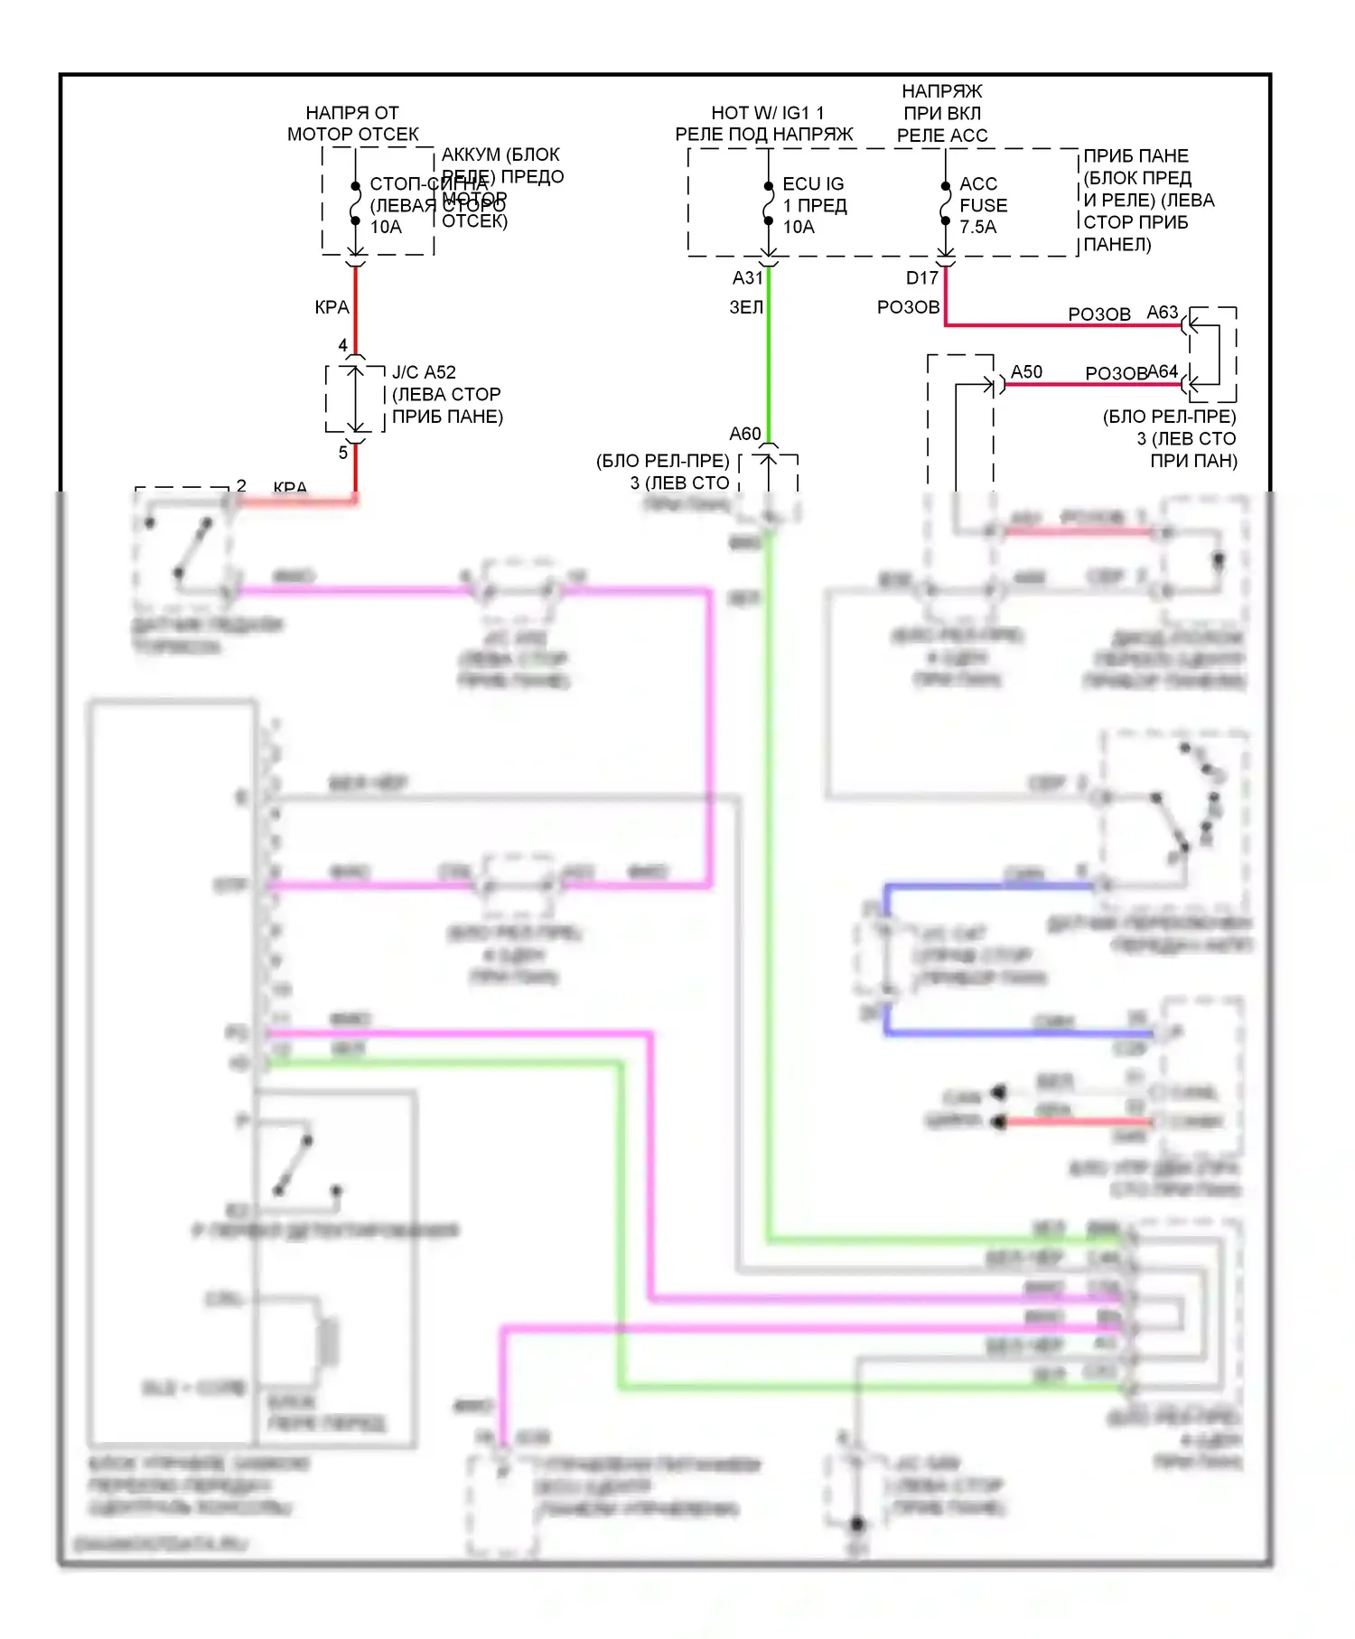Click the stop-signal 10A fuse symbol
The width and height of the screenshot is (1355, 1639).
coord(356,203)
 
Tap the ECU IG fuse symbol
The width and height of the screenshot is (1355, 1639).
coord(768,203)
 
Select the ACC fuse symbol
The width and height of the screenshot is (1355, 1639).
coord(945,203)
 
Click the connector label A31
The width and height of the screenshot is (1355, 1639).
coord(747,277)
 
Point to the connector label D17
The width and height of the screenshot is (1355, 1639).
coord(921,277)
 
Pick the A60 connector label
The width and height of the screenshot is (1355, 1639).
coord(745,434)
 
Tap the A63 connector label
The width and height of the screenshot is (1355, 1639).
coord(1163,312)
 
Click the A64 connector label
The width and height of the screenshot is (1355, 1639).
coord(1163,371)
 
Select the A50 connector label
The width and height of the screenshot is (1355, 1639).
coord(1026,371)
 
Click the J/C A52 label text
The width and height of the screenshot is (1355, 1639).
coord(424,372)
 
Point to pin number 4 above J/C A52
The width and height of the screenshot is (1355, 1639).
coord(342,345)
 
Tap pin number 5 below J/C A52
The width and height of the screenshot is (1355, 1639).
coord(342,452)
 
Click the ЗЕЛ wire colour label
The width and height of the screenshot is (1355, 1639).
coord(746,307)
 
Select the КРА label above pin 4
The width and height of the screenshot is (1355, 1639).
coord(332,307)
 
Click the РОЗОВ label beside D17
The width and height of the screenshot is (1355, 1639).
coord(908,307)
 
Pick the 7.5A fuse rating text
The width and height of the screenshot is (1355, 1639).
coord(977,227)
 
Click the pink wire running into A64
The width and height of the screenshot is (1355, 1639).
coord(1093,385)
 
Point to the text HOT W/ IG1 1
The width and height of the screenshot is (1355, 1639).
coord(767,113)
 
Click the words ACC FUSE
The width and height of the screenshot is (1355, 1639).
coord(982,194)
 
